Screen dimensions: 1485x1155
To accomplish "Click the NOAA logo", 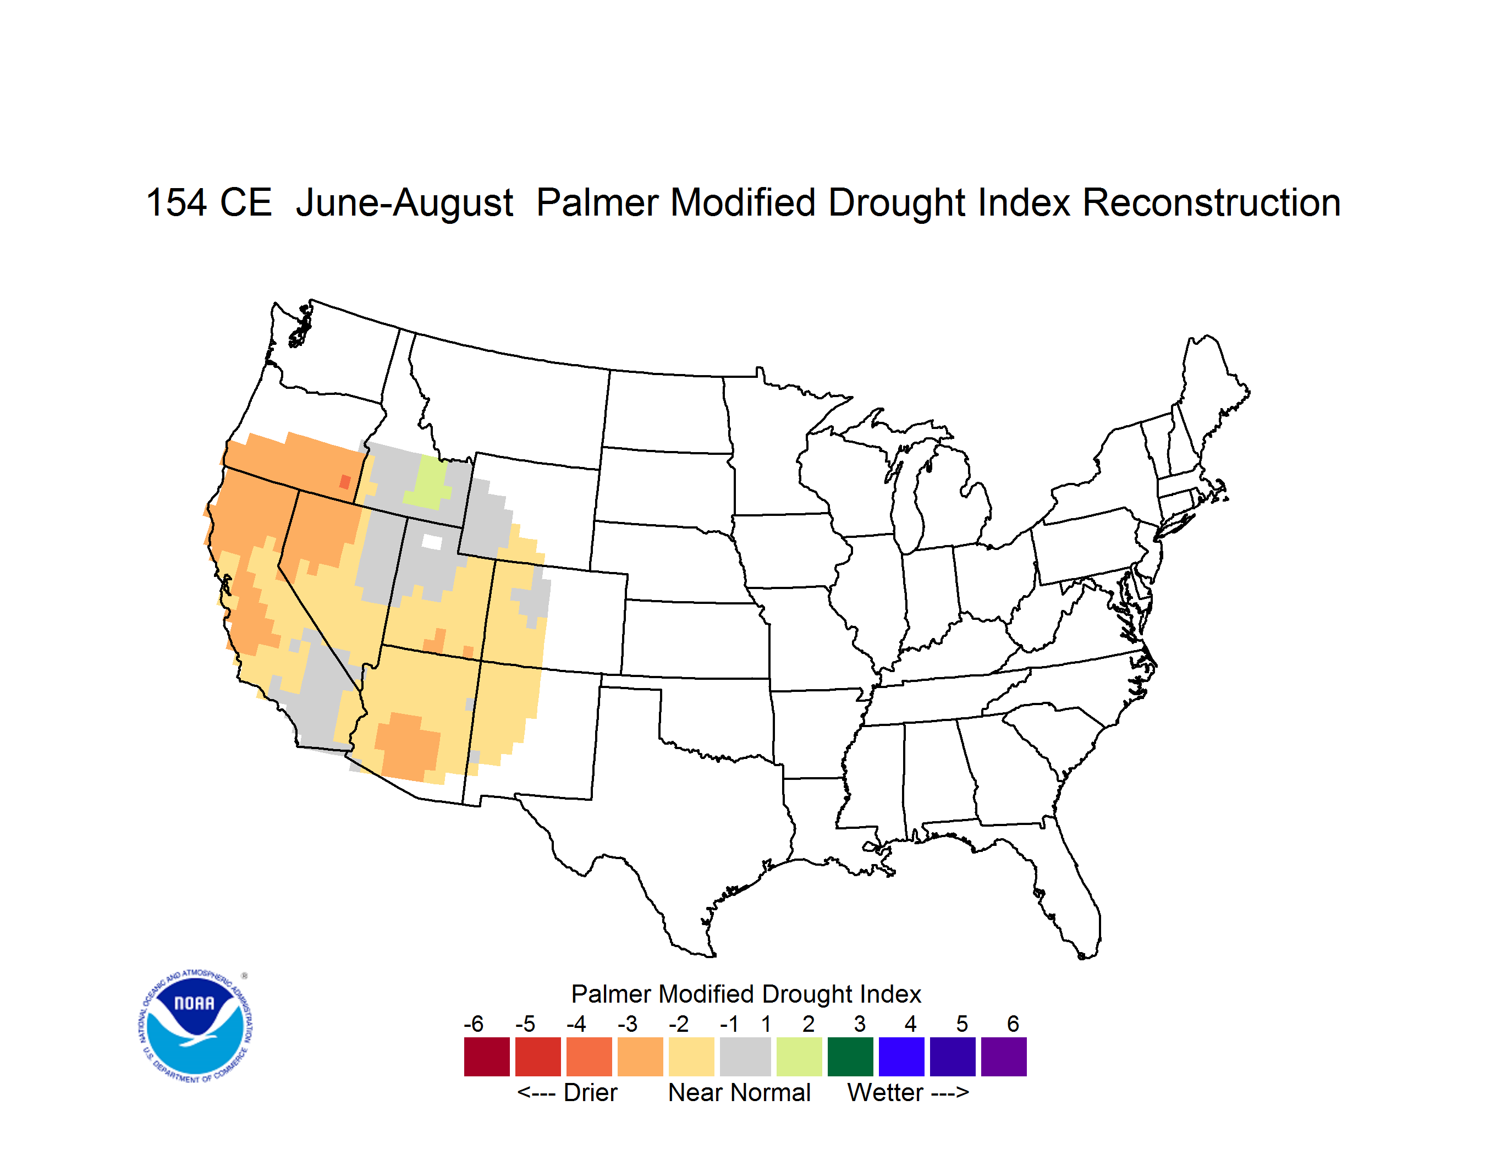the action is (195, 1026).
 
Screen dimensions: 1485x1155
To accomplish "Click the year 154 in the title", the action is (176, 202).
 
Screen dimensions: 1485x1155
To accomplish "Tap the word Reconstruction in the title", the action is (1211, 202).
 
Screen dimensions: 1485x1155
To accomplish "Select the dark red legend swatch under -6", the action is (487, 1057).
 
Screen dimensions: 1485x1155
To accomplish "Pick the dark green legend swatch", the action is (850, 1057).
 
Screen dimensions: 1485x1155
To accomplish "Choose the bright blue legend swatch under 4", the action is (901, 1057).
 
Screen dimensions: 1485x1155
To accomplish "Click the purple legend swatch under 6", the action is (1004, 1057).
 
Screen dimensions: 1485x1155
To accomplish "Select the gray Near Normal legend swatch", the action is (745, 1057).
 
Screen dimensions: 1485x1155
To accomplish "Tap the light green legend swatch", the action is (799, 1057).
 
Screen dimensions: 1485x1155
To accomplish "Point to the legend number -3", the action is (627, 1024).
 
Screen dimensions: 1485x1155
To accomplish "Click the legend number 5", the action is (961, 1024).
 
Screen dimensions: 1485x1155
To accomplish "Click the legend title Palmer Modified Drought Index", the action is (746, 994).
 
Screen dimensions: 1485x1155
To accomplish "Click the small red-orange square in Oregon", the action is (345, 482).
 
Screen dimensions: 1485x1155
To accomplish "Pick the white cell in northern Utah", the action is (432, 542).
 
